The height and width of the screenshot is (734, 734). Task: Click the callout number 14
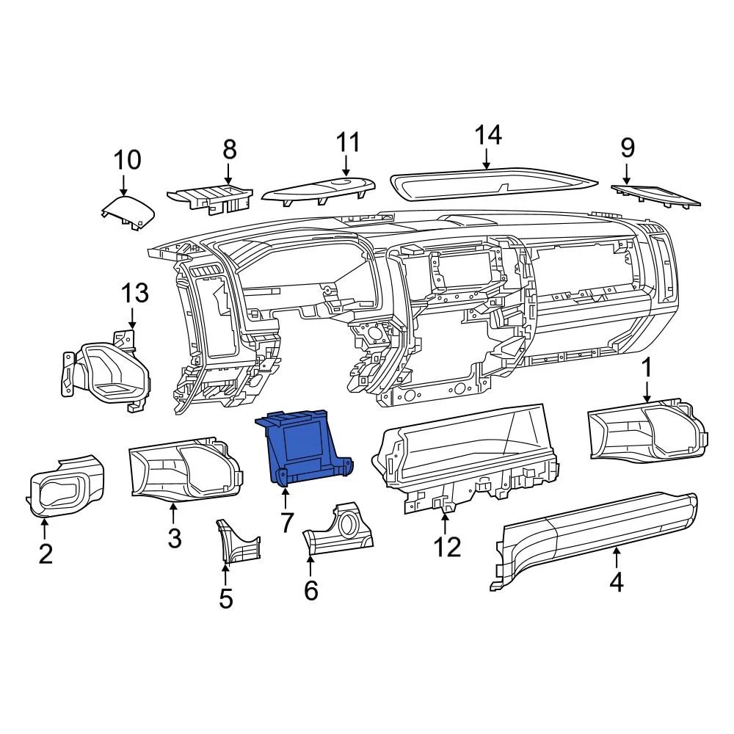pos(487,136)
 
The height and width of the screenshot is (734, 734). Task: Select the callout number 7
pos(286,523)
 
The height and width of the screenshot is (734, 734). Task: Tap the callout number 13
pos(135,294)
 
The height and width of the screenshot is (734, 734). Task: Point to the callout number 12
pos(447,547)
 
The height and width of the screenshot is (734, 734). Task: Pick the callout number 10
pos(126,159)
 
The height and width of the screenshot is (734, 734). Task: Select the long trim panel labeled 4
pos(595,539)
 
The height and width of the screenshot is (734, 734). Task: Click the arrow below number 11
pos(347,167)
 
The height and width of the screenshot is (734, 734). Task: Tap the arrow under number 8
pos(228,174)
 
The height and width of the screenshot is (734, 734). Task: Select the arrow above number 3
pos(173,514)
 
